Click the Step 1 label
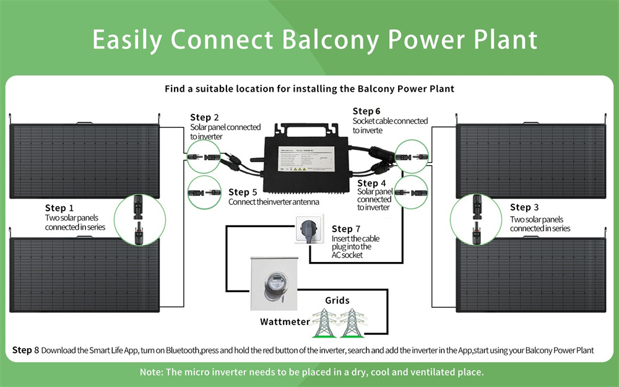click(59, 208)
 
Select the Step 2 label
click(204, 118)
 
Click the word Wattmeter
click(285, 322)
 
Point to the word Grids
click(337, 301)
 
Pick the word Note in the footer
click(152, 372)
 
